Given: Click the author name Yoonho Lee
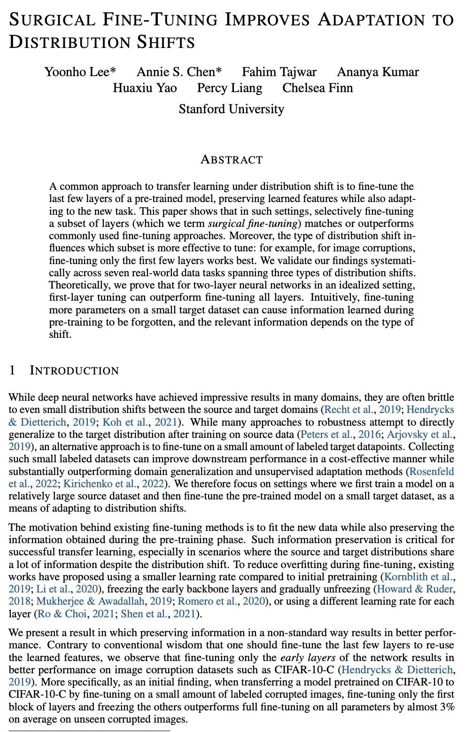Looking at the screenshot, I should pos(80,72).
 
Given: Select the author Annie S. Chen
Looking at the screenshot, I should pos(179,72).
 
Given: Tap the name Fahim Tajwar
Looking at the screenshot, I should pos(279,72).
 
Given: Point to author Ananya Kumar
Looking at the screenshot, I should pos(378,72).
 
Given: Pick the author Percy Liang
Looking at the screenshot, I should pos(230,88).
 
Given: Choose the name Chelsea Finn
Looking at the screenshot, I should pos(318,88).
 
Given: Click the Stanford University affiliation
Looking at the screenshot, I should pos(231,109).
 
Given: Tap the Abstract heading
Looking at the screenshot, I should pos(231,160).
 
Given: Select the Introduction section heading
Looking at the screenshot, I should pos(74,371).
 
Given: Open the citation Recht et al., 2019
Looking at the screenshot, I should pos(357,410).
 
